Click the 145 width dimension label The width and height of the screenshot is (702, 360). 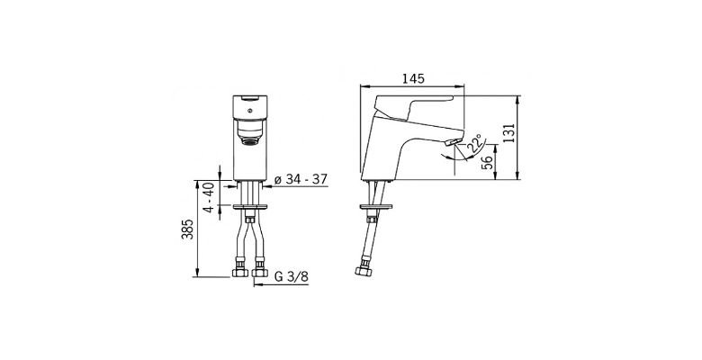(x=413, y=79)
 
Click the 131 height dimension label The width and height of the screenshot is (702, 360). (x=509, y=133)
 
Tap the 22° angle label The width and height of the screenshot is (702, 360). (x=476, y=143)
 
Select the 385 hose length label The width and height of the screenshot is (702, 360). (x=188, y=229)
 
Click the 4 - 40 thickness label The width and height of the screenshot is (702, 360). (x=209, y=197)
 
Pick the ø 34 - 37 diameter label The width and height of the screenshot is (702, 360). (x=301, y=179)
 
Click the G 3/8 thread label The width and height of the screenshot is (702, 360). (x=291, y=276)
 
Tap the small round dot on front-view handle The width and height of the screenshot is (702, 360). (x=250, y=111)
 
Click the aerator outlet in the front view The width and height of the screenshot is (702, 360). (x=250, y=141)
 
